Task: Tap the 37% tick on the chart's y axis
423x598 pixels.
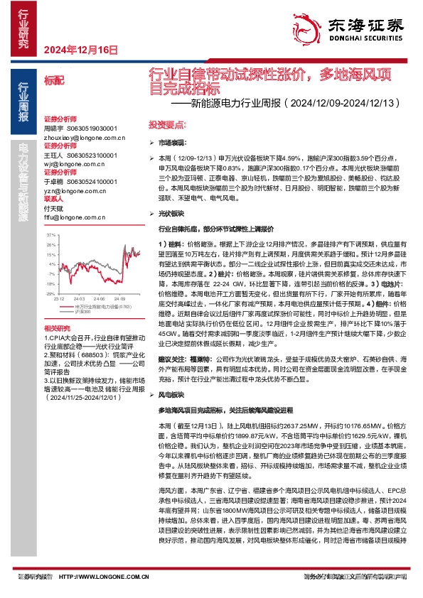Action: point(50,234)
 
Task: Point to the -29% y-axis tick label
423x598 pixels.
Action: point(50,293)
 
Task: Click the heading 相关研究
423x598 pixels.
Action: point(56,327)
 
